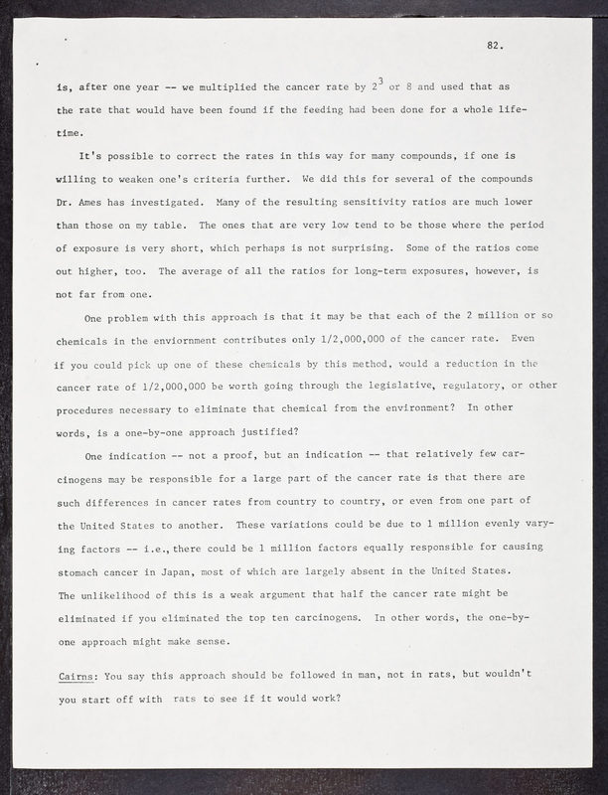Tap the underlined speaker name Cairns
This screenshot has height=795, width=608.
pyautogui.click(x=78, y=676)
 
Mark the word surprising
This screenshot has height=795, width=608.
pyautogui.click(x=426, y=246)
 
